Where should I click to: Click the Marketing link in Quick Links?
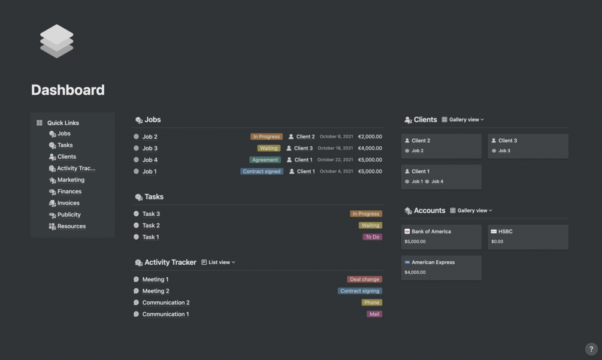pyautogui.click(x=71, y=180)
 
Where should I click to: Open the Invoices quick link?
pyautogui.click(x=68, y=203)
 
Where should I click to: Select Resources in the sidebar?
pyautogui.click(x=71, y=226)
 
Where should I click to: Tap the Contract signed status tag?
pyautogui.click(x=262, y=171)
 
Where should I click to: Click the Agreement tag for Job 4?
pyautogui.click(x=265, y=160)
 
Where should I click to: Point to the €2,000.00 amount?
pyautogui.click(x=370, y=137)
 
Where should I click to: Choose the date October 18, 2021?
pyautogui.click(x=335, y=148)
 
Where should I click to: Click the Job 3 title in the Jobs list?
pyautogui.click(x=150, y=148)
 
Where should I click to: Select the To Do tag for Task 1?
pyautogui.click(x=373, y=237)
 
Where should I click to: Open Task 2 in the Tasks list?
pyautogui.click(x=151, y=225)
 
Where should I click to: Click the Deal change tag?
pyautogui.click(x=364, y=279)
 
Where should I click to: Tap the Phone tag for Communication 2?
pyautogui.click(x=371, y=302)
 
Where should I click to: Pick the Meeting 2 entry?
pyautogui.click(x=156, y=291)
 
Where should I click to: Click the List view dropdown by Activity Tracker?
pyautogui.click(x=219, y=262)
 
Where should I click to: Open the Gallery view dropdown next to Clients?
pyautogui.click(x=462, y=120)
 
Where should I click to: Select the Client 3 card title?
pyautogui.click(x=507, y=141)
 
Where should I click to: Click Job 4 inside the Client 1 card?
pyautogui.click(x=437, y=181)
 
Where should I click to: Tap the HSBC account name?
pyautogui.click(x=505, y=231)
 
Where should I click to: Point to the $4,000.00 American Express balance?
pyautogui.click(x=415, y=272)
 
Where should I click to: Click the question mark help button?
pyautogui.click(x=591, y=349)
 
